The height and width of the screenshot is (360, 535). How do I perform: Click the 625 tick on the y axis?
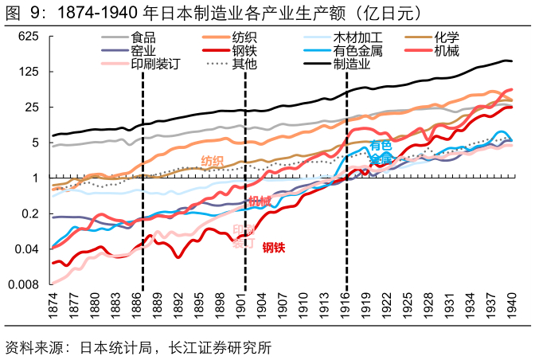29,37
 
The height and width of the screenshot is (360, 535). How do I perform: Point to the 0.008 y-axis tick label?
23,284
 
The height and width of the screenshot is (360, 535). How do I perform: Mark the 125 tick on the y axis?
29,72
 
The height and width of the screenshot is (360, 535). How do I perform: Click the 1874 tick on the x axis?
53,304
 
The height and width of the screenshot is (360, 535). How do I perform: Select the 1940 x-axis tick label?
512,304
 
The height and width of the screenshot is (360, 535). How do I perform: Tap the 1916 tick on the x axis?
346,304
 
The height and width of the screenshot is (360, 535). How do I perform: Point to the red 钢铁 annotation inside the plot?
274,247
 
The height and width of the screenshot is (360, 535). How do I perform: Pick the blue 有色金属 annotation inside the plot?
381,152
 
